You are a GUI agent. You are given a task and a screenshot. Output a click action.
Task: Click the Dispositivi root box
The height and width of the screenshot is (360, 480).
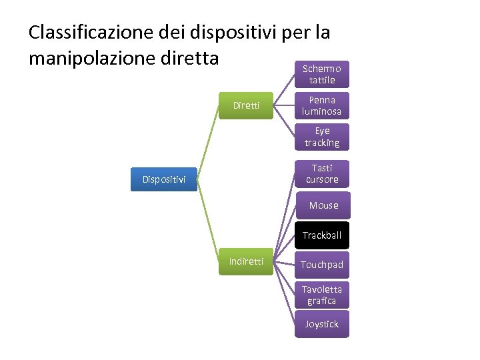pos(163,179)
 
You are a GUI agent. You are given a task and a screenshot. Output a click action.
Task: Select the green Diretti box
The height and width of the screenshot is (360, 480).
pos(246,105)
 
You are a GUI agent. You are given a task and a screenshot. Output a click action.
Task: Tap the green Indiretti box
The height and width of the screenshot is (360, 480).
pos(246,261)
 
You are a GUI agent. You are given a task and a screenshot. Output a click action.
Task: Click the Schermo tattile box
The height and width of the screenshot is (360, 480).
pos(322,74)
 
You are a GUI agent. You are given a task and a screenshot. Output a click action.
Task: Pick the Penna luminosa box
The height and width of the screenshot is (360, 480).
pos(322,105)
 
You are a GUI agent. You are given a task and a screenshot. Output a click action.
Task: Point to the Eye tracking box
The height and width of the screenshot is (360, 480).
pos(322,137)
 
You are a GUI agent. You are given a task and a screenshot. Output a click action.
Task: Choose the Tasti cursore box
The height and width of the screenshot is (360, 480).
pos(322,173)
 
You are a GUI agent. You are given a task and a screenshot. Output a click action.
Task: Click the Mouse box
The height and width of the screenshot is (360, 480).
pos(322,205)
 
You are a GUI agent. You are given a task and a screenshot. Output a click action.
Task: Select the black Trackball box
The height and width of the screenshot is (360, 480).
pos(322,235)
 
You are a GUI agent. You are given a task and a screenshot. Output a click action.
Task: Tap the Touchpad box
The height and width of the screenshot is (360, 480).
pos(322,265)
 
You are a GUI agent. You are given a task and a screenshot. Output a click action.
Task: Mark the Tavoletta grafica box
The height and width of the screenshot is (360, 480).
pos(322,295)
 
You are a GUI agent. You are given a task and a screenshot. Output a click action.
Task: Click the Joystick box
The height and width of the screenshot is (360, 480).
pos(322,324)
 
